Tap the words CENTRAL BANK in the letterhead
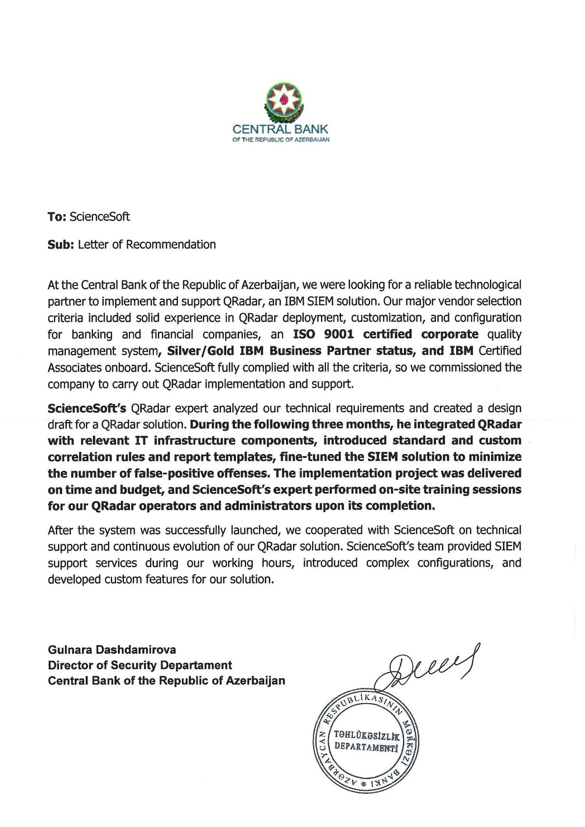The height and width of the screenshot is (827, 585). pos(280,130)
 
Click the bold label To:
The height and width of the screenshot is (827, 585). pos(57,217)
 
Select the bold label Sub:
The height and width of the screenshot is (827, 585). pos(60,245)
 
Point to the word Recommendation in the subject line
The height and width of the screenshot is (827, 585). pos(171,245)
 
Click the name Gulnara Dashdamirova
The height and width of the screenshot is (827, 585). pos(112,650)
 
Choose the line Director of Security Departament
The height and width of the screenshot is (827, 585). pos(140,665)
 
